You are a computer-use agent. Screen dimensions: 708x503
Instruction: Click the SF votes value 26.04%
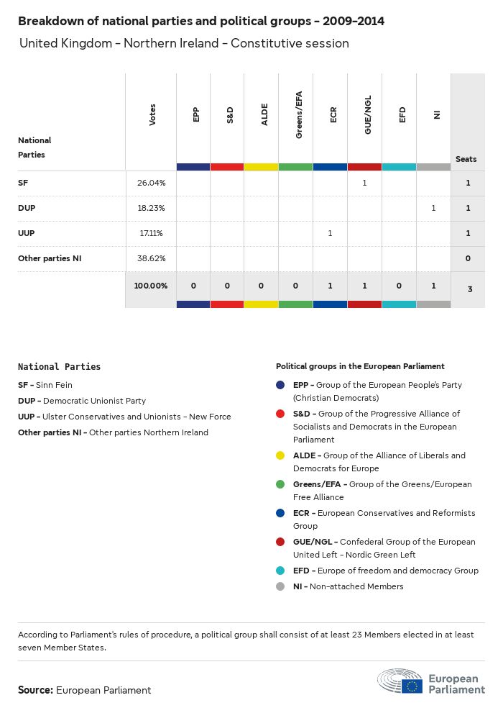[x=151, y=183]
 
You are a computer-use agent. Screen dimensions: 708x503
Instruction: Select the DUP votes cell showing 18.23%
[x=151, y=208]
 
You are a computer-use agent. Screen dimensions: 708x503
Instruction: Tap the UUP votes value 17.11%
[x=151, y=233]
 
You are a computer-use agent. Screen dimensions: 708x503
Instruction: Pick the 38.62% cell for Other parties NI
[x=151, y=258]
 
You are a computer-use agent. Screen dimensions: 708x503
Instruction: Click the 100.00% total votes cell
[x=151, y=286]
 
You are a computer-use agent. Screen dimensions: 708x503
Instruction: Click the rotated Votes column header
[x=152, y=115]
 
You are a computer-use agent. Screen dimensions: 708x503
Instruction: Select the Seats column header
[x=466, y=159]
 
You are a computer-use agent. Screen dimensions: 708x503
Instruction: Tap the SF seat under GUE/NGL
[x=364, y=183]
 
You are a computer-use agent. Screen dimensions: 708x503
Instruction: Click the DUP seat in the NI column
[x=433, y=208]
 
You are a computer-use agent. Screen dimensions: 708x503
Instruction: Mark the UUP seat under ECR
[x=330, y=233]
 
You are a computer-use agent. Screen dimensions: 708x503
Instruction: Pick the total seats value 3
[x=468, y=289]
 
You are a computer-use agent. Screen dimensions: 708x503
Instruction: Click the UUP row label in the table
[x=27, y=233]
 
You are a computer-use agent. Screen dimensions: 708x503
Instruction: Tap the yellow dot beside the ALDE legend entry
[x=281, y=455]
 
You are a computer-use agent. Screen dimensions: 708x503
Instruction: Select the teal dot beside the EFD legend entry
[x=281, y=571]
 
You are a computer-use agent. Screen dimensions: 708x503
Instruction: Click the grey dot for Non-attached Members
[x=281, y=586]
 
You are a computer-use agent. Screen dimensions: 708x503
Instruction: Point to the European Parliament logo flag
[x=412, y=686]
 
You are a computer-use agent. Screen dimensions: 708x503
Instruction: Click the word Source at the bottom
[x=35, y=690]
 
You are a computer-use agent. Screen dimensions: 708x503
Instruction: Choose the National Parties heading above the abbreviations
[x=59, y=366]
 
